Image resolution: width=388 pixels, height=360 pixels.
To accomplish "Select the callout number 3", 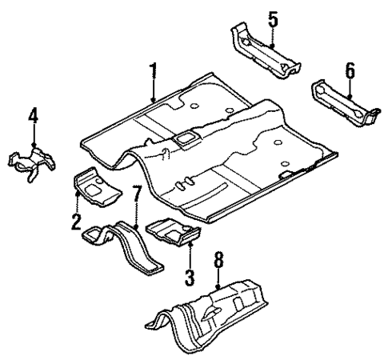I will [x=190, y=275].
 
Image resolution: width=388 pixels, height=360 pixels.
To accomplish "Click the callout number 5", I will [x=273, y=16].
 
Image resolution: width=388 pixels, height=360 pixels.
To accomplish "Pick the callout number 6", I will [x=350, y=71].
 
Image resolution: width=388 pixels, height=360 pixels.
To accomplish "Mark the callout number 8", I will [x=218, y=260].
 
